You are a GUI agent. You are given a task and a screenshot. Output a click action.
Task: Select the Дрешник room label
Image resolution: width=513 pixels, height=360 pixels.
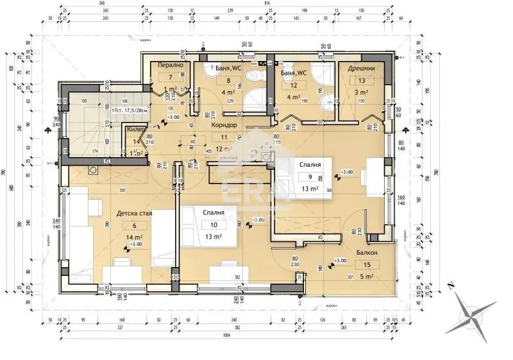click(362, 67)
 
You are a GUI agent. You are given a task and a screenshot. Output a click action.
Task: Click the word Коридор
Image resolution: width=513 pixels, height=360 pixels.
click(224, 125)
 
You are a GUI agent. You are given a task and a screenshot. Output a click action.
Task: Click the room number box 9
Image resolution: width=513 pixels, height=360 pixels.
click(310, 176)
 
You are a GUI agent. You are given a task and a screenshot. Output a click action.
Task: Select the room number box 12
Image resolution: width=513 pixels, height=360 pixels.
click(294, 85)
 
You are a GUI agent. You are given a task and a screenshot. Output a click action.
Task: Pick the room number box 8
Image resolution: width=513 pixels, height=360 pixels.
click(228, 81)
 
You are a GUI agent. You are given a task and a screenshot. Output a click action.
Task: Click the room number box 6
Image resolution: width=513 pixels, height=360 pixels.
click(135, 225)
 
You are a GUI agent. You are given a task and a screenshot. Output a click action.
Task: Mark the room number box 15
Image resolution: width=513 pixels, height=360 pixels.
click(367, 265)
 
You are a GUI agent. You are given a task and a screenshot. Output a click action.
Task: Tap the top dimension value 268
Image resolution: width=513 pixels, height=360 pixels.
click(101, 3)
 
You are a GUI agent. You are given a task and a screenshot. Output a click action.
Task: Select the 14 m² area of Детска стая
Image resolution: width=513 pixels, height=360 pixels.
click(135, 237)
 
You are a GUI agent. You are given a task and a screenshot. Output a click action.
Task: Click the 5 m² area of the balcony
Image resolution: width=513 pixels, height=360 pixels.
click(367, 277)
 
